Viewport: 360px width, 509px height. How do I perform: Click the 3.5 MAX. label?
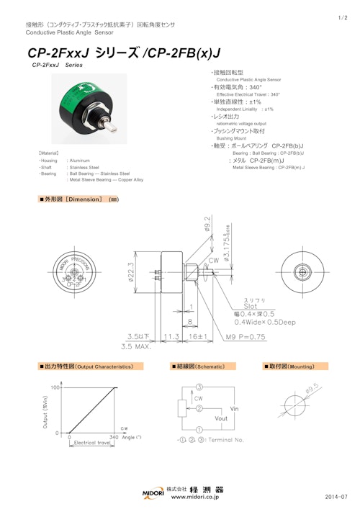[x=136, y=346]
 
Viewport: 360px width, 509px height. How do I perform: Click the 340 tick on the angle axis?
[x=114, y=436]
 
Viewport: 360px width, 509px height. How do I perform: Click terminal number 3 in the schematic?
[x=198, y=387]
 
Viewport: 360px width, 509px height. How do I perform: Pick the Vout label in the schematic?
[x=222, y=417]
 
